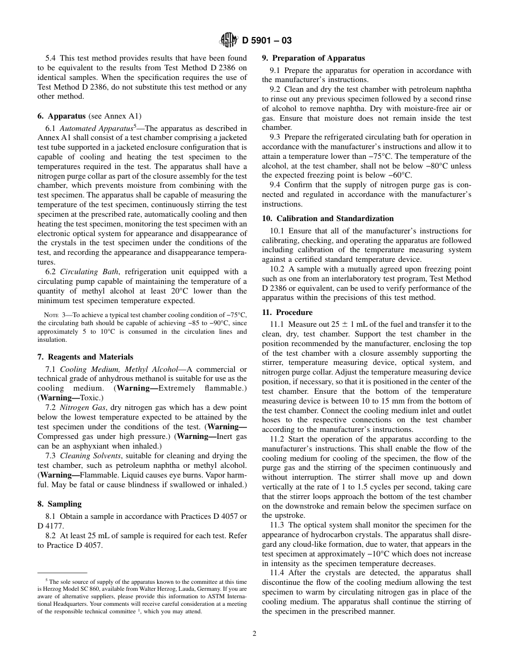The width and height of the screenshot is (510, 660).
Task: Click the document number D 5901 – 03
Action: click(x=267, y=40)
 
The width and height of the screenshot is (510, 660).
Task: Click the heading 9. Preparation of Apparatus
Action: click(x=313, y=58)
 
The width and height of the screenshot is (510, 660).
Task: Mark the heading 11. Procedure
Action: click(x=287, y=312)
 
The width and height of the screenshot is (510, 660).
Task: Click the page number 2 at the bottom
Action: click(x=254, y=633)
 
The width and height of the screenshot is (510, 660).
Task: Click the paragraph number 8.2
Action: click(x=53, y=536)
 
